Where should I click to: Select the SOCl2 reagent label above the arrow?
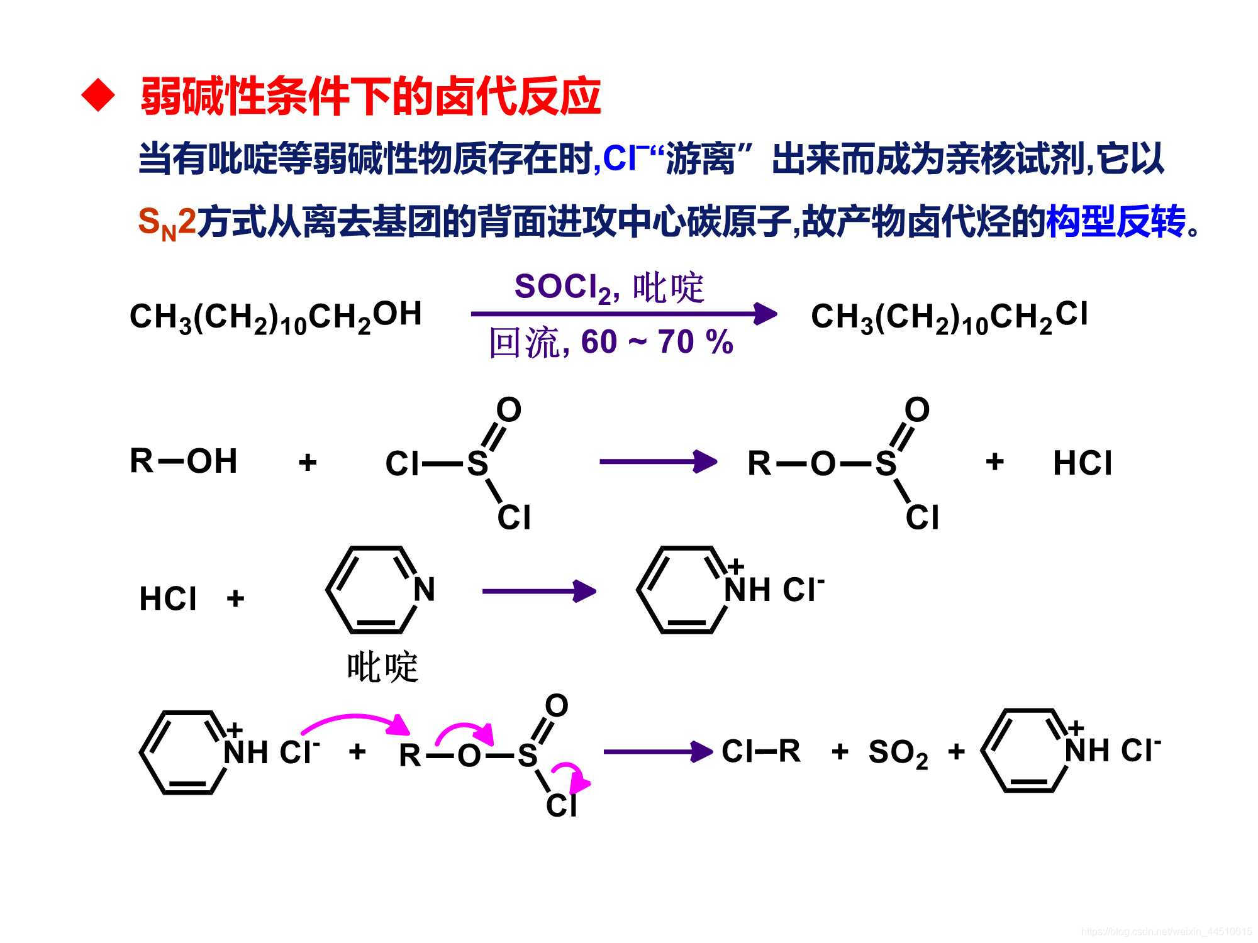562,288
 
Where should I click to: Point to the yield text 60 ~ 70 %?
657,342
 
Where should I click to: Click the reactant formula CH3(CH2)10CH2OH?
275,316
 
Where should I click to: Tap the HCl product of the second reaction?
1082,463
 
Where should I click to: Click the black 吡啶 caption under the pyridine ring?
382,667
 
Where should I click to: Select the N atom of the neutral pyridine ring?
424,589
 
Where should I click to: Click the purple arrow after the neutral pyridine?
538,591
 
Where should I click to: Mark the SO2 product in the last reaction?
898,753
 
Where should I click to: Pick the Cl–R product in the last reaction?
761,751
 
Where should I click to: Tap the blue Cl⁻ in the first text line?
624,158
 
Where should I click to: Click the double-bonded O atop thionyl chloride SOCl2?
509,410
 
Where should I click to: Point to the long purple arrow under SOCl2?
623,313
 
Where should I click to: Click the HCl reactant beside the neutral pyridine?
168,598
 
